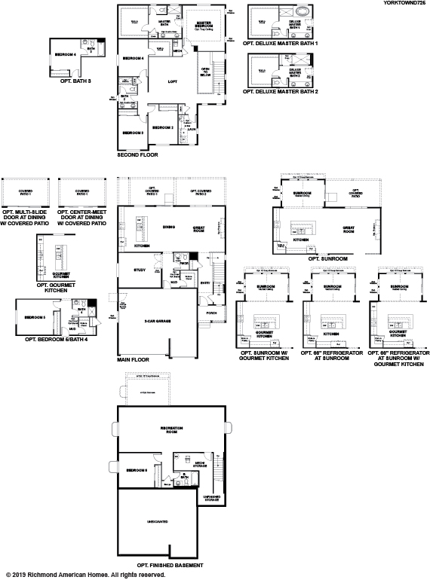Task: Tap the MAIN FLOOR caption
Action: (x=133, y=360)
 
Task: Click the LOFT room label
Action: (x=173, y=81)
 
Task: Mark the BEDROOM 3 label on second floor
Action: (x=133, y=133)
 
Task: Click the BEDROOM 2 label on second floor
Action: (x=163, y=128)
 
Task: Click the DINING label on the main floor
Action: (x=169, y=226)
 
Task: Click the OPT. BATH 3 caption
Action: (x=76, y=79)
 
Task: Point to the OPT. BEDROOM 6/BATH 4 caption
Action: (x=57, y=340)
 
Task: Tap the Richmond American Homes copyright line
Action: (x=85, y=575)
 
